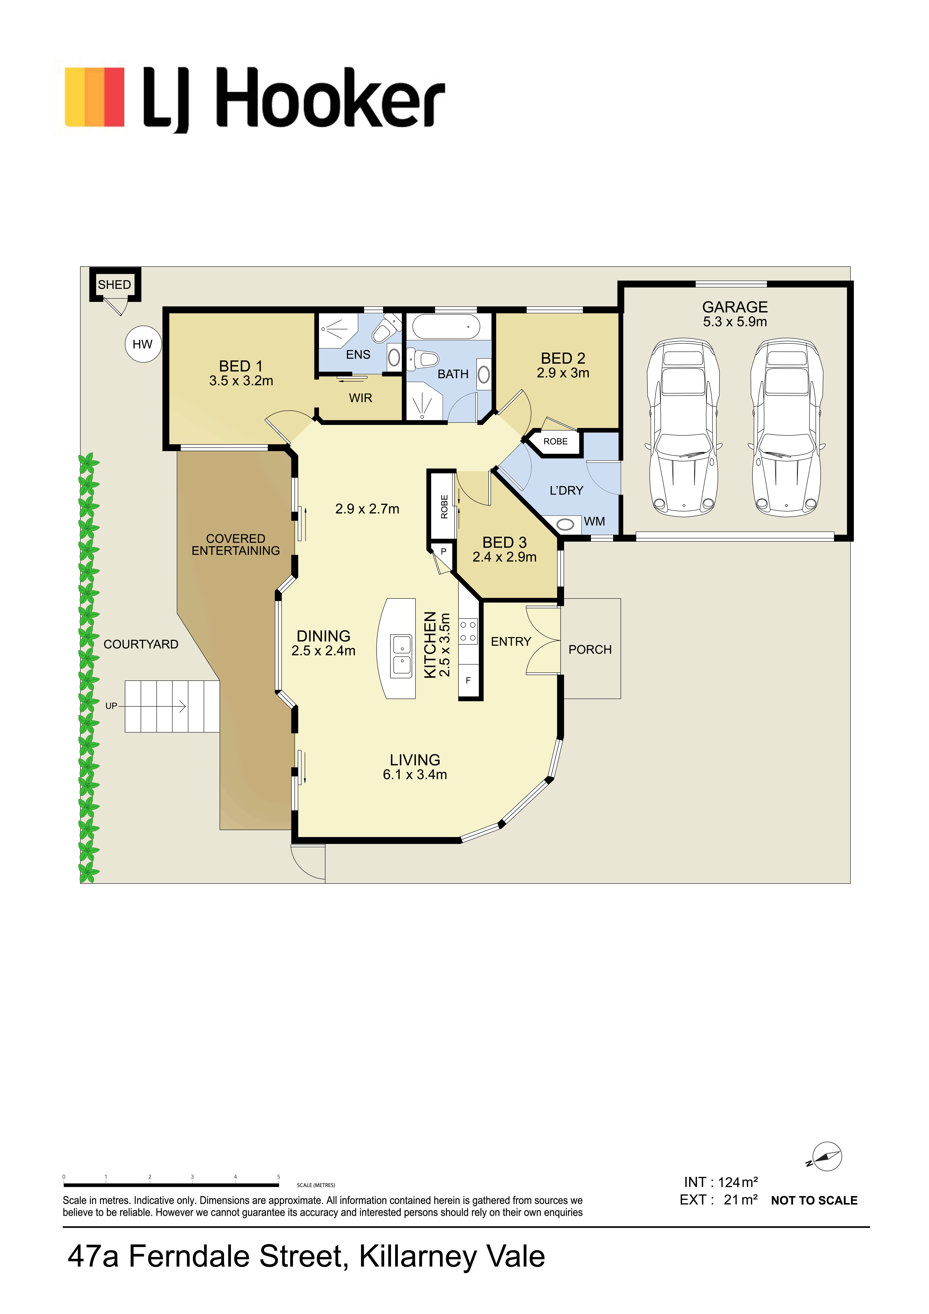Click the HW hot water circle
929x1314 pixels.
pos(143,344)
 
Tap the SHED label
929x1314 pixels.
pos(115,284)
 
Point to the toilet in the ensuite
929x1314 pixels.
pos(385,328)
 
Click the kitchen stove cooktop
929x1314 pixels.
pos(468,631)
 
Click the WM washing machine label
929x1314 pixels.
pos(595,521)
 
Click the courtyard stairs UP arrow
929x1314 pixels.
pos(152,707)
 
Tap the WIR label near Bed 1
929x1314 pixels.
pos(361,398)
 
